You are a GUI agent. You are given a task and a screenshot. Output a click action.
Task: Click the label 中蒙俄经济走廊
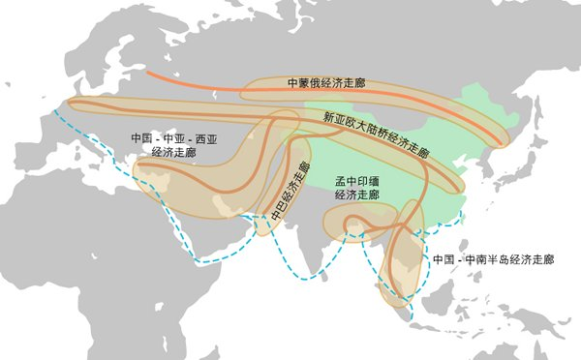[324, 84]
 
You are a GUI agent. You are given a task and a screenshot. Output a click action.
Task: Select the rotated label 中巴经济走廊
[290, 189]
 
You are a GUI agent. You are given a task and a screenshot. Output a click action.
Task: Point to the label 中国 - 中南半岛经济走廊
[493, 260]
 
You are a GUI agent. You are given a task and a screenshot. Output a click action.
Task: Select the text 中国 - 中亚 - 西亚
[173, 138]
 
